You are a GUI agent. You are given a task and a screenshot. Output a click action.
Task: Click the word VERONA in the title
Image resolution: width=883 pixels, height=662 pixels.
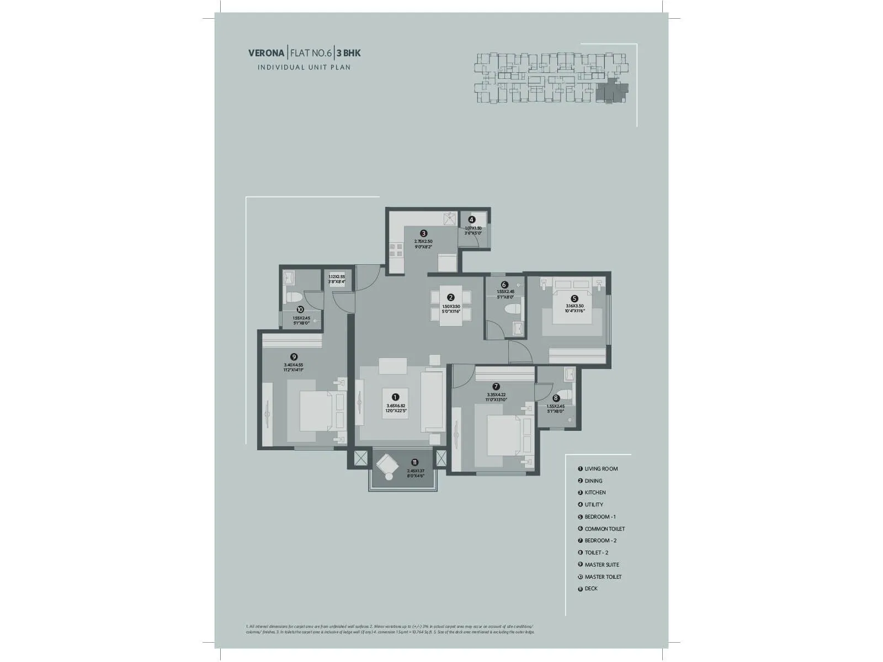(x=267, y=54)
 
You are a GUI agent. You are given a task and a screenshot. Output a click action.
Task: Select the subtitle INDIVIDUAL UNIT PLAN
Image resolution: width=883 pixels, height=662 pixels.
(x=304, y=67)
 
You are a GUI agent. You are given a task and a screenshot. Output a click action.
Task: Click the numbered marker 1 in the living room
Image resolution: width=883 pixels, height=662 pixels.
(x=395, y=397)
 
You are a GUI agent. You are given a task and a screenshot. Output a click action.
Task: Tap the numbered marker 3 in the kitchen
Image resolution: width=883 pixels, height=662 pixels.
(x=423, y=233)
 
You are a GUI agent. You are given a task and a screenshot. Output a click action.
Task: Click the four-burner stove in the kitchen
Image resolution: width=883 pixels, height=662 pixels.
(x=396, y=250)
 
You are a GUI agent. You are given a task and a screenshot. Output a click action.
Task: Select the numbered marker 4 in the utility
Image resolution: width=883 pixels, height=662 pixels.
(x=471, y=220)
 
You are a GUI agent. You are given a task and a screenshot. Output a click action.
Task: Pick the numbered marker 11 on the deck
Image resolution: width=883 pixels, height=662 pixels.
(x=414, y=462)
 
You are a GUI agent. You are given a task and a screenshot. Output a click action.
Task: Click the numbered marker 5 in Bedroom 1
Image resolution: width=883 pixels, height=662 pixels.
(x=574, y=298)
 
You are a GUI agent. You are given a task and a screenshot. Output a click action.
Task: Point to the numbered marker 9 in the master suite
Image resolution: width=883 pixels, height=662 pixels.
(x=294, y=357)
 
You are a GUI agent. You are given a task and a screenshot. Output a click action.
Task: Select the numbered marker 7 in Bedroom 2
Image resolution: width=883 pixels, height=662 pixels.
(x=496, y=387)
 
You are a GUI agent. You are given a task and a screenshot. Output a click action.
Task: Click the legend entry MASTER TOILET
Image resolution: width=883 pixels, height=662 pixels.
(x=603, y=576)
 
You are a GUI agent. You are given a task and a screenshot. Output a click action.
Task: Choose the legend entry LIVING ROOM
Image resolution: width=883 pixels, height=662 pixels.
(x=601, y=469)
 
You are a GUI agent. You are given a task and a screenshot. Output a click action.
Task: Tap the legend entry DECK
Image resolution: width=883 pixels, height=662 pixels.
(x=591, y=589)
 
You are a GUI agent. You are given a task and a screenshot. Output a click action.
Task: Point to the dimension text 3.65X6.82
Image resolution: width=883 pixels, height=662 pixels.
(x=396, y=406)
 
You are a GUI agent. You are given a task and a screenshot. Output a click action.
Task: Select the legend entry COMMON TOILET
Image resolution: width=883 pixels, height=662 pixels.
(x=604, y=529)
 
